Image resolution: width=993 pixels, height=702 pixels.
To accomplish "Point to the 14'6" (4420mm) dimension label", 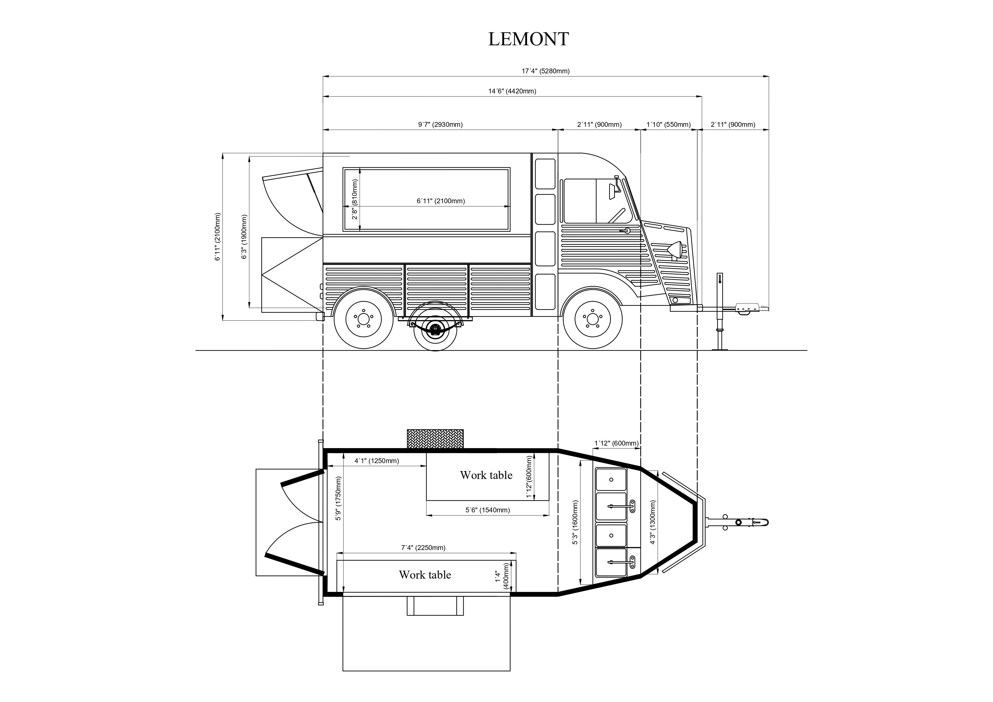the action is [x=512, y=91].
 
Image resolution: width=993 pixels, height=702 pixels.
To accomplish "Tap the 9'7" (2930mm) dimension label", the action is [x=440, y=125].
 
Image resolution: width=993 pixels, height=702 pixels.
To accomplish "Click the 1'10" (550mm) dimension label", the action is [x=669, y=125].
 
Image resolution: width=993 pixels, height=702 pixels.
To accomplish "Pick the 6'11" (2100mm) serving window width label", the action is [x=441, y=201].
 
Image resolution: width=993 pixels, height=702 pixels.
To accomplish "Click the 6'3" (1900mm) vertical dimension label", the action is [x=244, y=237].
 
